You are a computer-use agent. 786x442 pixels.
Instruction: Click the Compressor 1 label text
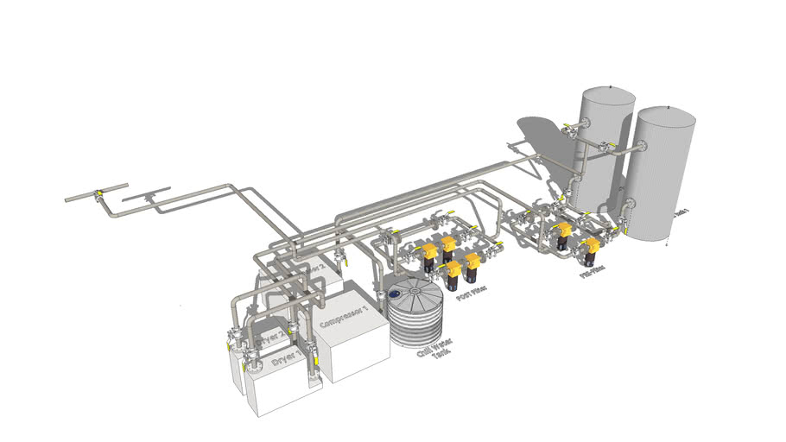[345, 316]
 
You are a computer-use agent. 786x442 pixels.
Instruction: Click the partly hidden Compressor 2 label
[316, 268]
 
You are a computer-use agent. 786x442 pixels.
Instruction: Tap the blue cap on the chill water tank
[395, 294]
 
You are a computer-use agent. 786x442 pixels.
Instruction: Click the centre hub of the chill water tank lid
[415, 292]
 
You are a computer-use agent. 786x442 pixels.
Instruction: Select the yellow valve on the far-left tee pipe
[98, 192]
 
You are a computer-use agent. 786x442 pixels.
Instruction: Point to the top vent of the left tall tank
[611, 87]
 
